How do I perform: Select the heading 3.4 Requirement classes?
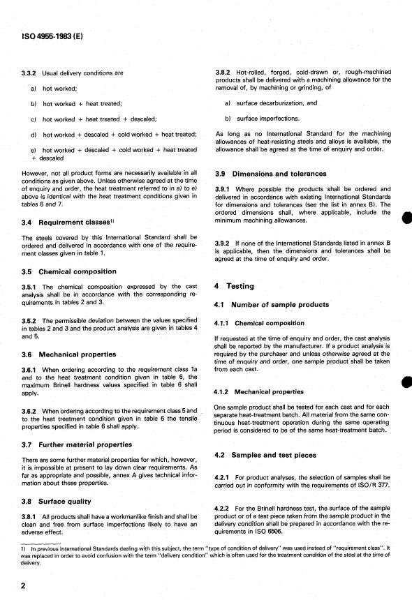click(x=66, y=222)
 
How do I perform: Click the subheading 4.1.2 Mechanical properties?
click(x=260, y=392)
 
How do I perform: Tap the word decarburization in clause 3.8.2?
click(x=270, y=103)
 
